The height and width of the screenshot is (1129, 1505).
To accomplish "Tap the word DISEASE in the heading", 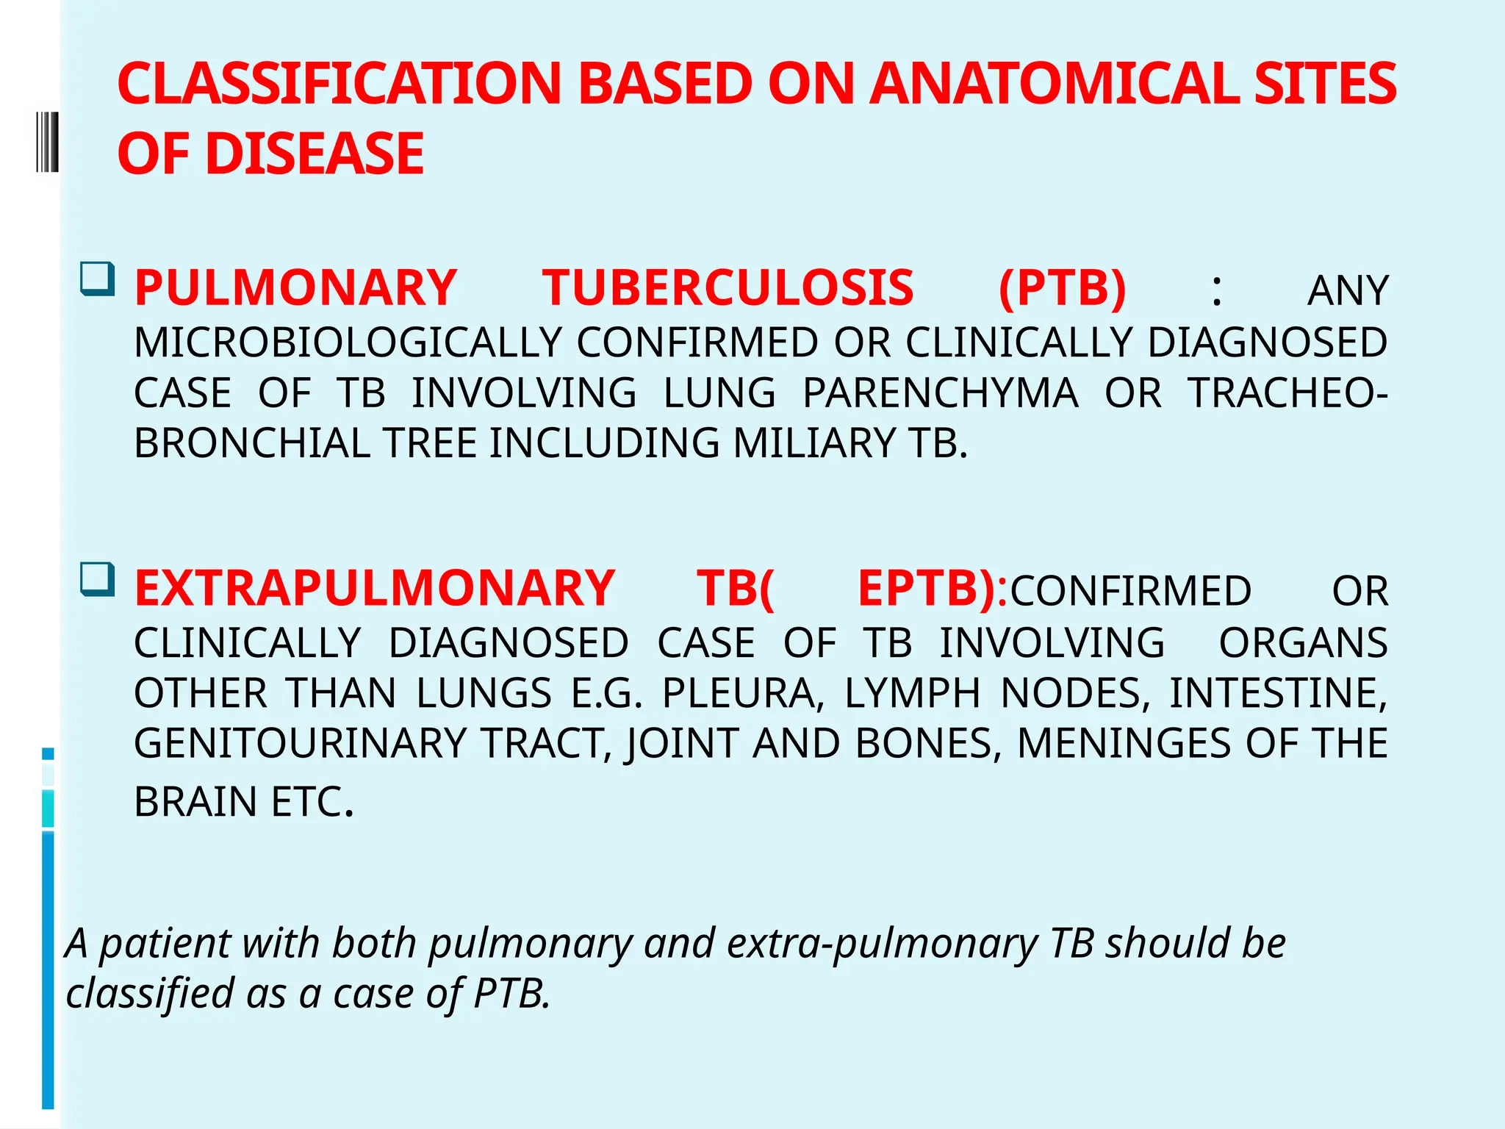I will [x=315, y=154].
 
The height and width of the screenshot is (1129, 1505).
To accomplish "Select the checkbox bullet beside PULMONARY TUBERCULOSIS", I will [x=98, y=279].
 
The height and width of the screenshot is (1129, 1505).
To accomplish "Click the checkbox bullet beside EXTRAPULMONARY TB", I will [x=98, y=579].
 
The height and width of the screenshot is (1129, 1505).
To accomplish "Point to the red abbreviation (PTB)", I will [x=1063, y=287].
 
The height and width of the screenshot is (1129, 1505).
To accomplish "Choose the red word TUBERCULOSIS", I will [x=728, y=287].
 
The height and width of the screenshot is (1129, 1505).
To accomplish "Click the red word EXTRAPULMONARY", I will [x=374, y=588].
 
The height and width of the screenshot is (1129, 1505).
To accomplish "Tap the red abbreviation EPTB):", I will [x=932, y=588].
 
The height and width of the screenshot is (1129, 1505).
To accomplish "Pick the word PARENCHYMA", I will [x=940, y=393].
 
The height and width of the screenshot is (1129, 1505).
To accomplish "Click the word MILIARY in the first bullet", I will [x=814, y=443].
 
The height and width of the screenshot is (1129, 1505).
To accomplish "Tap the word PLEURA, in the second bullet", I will [x=742, y=693].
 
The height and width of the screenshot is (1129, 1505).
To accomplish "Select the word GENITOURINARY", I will [x=300, y=743].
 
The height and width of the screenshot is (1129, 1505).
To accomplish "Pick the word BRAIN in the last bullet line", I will [x=195, y=801].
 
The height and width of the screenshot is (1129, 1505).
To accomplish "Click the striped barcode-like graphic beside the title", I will [x=47, y=141].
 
